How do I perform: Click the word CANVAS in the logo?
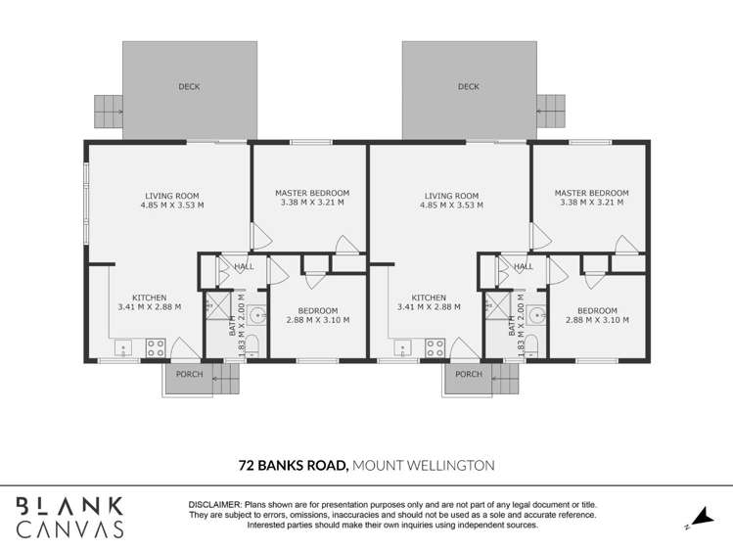point(69,529)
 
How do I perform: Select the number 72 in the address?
point(249,466)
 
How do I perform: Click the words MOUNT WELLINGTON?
point(423,466)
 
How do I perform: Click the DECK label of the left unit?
point(189,86)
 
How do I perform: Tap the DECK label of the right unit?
point(469,86)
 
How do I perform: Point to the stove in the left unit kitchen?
point(155,346)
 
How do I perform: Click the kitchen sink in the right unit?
point(403,346)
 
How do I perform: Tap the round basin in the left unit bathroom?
point(256,315)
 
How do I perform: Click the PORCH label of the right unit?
point(469,374)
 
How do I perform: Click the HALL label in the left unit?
point(244,266)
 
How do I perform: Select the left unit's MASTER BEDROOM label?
point(312,194)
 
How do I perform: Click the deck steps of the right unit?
point(551,111)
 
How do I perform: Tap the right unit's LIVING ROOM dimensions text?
point(452,206)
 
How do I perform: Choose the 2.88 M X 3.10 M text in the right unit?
point(597,320)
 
